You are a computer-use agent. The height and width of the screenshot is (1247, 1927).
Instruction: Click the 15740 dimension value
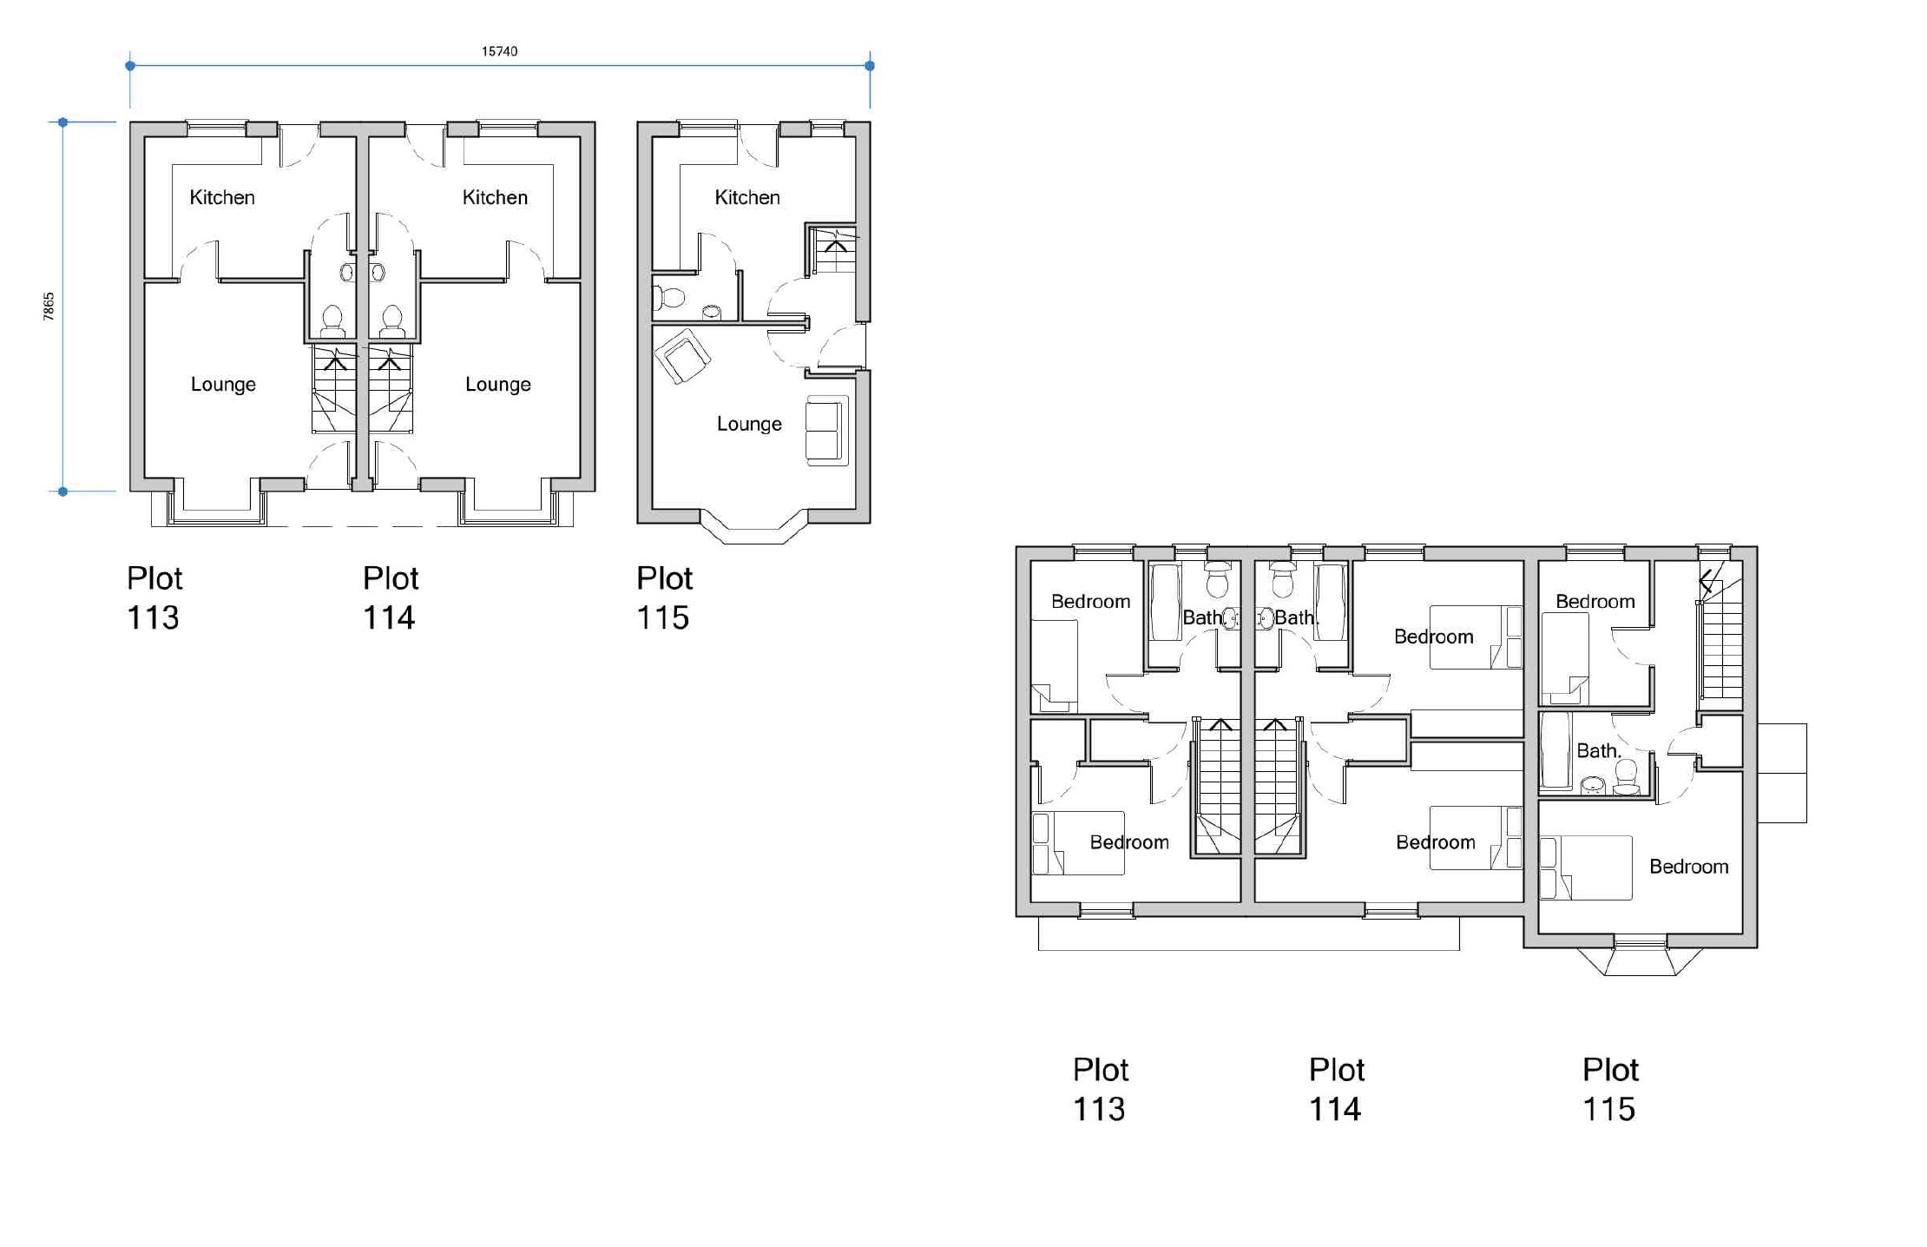499,51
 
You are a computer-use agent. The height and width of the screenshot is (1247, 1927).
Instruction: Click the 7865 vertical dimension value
49,307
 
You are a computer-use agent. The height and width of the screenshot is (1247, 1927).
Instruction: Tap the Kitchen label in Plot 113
222,197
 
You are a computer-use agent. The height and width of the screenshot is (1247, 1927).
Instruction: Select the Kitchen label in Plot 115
747,197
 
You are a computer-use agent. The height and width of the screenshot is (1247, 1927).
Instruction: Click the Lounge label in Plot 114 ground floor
497,384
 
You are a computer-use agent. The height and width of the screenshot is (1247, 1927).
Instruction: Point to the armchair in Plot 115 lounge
682,355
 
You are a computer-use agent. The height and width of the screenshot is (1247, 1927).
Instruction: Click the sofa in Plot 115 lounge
826,431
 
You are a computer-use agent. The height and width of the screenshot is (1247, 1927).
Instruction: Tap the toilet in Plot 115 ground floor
668,298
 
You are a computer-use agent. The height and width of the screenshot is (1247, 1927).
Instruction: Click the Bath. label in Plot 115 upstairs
1598,750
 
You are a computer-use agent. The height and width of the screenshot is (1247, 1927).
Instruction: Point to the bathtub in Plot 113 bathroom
1164,602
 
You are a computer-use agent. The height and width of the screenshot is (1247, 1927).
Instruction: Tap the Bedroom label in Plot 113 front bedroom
1128,841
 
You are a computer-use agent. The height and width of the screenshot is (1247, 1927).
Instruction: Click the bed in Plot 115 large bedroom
1585,867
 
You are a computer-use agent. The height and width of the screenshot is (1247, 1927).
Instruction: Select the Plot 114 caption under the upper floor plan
1336,1089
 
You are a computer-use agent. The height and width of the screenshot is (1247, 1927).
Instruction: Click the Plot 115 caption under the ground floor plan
664,597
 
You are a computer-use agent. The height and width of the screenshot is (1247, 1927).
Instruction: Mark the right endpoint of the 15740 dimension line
870,65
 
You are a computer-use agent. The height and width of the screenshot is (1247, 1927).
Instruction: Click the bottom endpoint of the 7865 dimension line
62,492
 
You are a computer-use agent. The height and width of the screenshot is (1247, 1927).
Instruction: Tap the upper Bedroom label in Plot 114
1433,637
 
